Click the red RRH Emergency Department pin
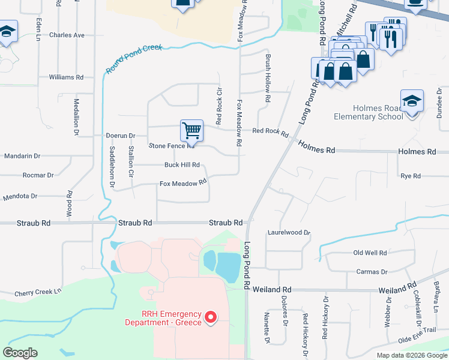(210, 317)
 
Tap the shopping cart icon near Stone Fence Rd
(191, 129)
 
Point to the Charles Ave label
(67, 35)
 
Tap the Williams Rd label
(66, 77)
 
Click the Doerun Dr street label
(121, 136)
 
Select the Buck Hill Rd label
(181, 165)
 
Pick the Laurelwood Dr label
(289, 232)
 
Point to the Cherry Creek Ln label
(38, 292)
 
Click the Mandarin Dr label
(22, 156)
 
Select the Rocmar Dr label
(38, 175)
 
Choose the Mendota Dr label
(20, 196)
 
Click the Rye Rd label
(411, 176)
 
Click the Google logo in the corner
(20, 353)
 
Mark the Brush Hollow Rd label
(268, 77)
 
